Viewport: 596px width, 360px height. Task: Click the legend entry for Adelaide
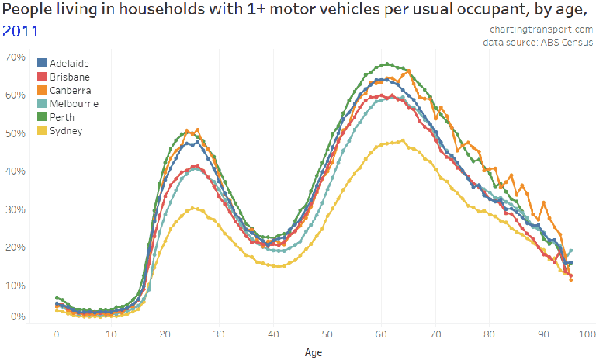68,63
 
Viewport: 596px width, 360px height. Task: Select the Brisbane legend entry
68,77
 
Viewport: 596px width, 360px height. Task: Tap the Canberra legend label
69,90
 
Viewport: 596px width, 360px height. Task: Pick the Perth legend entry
61,117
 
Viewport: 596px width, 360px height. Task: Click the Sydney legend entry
64,130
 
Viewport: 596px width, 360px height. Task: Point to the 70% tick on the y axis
16,57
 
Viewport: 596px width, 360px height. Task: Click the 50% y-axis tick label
16,133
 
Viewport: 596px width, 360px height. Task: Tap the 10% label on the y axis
16,286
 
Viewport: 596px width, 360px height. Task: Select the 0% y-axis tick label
18,317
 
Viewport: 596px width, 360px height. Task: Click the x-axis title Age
312,351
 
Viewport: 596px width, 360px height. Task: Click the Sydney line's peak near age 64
403,140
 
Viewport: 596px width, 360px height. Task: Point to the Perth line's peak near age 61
386,64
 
